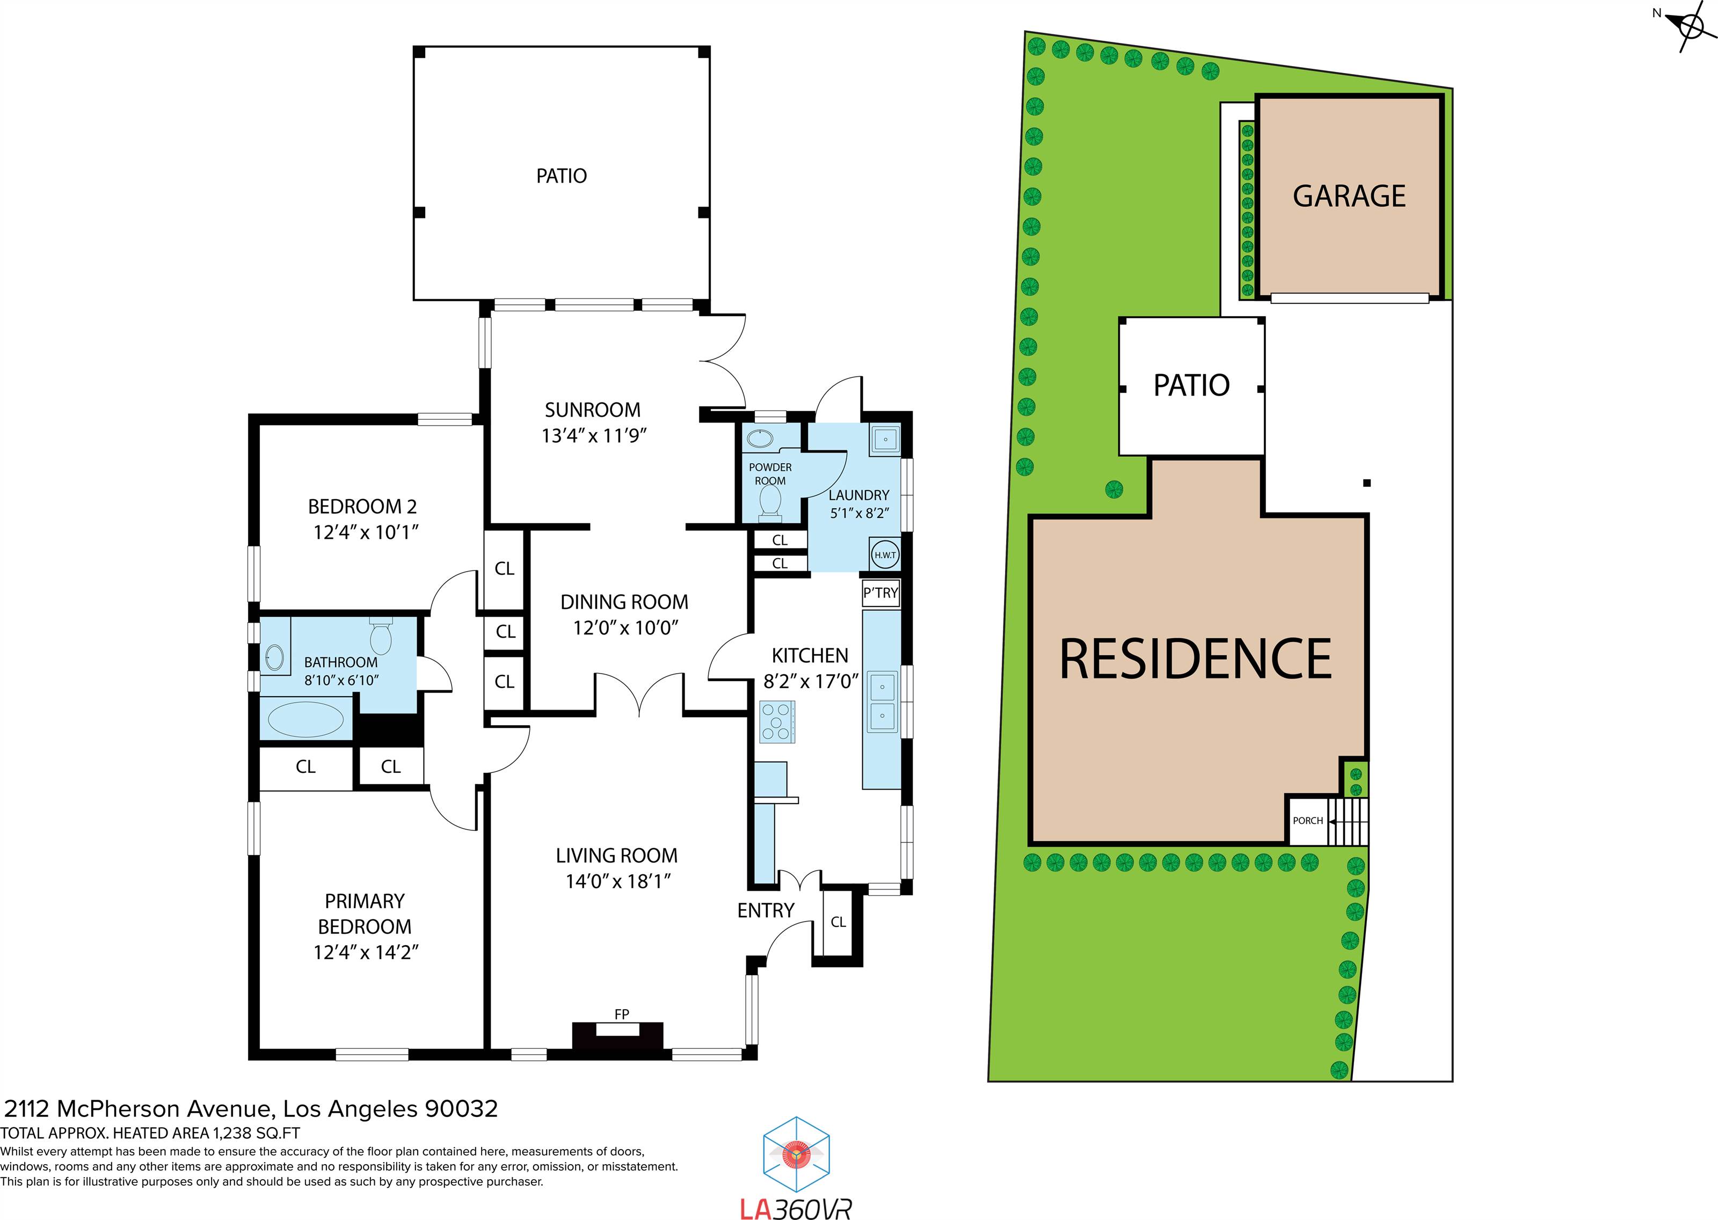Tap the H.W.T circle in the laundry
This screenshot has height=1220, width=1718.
(x=885, y=555)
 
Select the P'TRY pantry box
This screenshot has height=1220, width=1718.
(x=880, y=593)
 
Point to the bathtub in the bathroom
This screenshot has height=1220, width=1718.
(x=305, y=719)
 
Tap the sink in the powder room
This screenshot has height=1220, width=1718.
(x=760, y=439)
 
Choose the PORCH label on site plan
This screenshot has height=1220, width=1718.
(x=1308, y=820)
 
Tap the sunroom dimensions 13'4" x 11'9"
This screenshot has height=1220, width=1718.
(x=593, y=436)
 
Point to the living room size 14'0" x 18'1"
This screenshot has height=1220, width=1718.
(x=617, y=881)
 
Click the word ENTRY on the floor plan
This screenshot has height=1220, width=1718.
(x=766, y=910)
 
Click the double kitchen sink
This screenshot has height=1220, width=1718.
(x=883, y=702)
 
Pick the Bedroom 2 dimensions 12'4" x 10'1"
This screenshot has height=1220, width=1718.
(x=365, y=532)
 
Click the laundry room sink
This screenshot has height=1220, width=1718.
(x=885, y=439)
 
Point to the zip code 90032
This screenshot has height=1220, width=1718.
(x=461, y=1109)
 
